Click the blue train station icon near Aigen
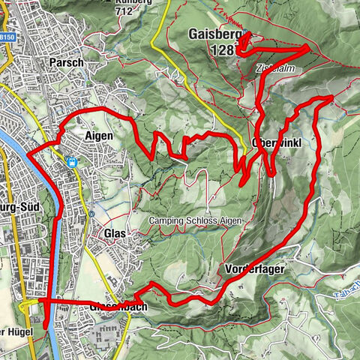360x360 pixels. click(72, 162)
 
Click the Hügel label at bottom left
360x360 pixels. click(18, 332)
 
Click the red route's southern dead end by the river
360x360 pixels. click(45, 327)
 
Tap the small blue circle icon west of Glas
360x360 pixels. click(89, 214)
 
